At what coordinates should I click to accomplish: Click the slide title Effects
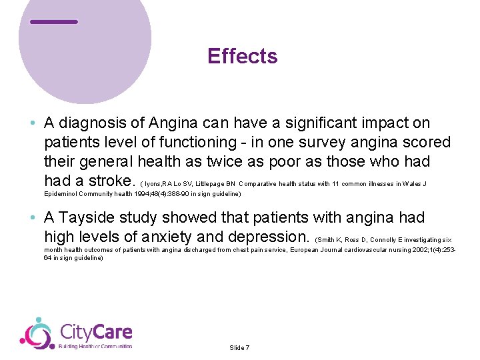click(242, 56)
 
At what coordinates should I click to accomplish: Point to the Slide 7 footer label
click(239, 348)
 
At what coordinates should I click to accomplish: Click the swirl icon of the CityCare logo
click(36, 334)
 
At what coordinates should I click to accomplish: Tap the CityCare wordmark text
click(96, 332)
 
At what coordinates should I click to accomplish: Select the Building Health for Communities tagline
click(95, 347)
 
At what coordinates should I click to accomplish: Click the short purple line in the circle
click(54, 22)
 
